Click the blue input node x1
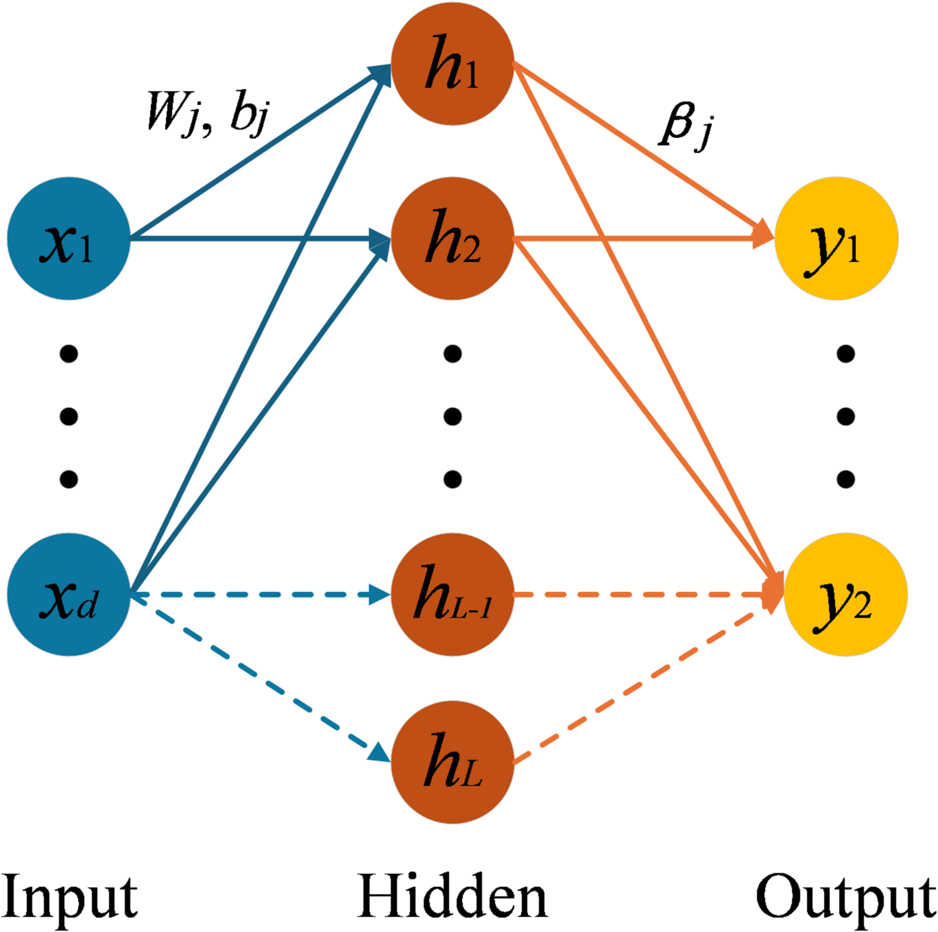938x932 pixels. [69, 239]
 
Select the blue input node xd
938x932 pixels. [69, 595]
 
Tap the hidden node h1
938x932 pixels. [453, 64]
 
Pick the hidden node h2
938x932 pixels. [453, 239]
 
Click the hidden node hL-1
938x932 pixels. [453, 595]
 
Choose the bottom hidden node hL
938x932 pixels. [453, 762]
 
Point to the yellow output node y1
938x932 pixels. [836, 239]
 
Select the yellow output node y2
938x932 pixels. [845, 595]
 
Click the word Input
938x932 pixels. [70, 896]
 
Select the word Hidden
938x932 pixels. [453, 896]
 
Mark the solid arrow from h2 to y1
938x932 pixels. [645, 239]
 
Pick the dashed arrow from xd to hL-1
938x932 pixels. [261, 595]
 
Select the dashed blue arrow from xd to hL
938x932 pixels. [261, 679]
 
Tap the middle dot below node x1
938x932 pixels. [69, 416]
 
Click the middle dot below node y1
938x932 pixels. [845, 416]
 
